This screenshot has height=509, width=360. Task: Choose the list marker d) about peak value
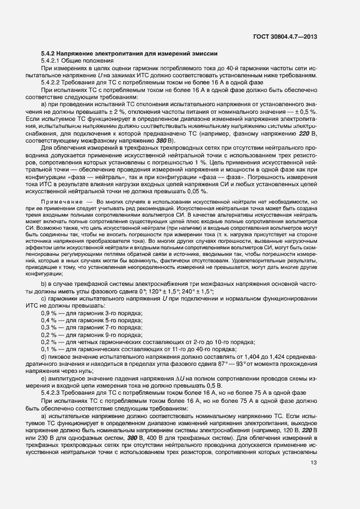44,357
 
